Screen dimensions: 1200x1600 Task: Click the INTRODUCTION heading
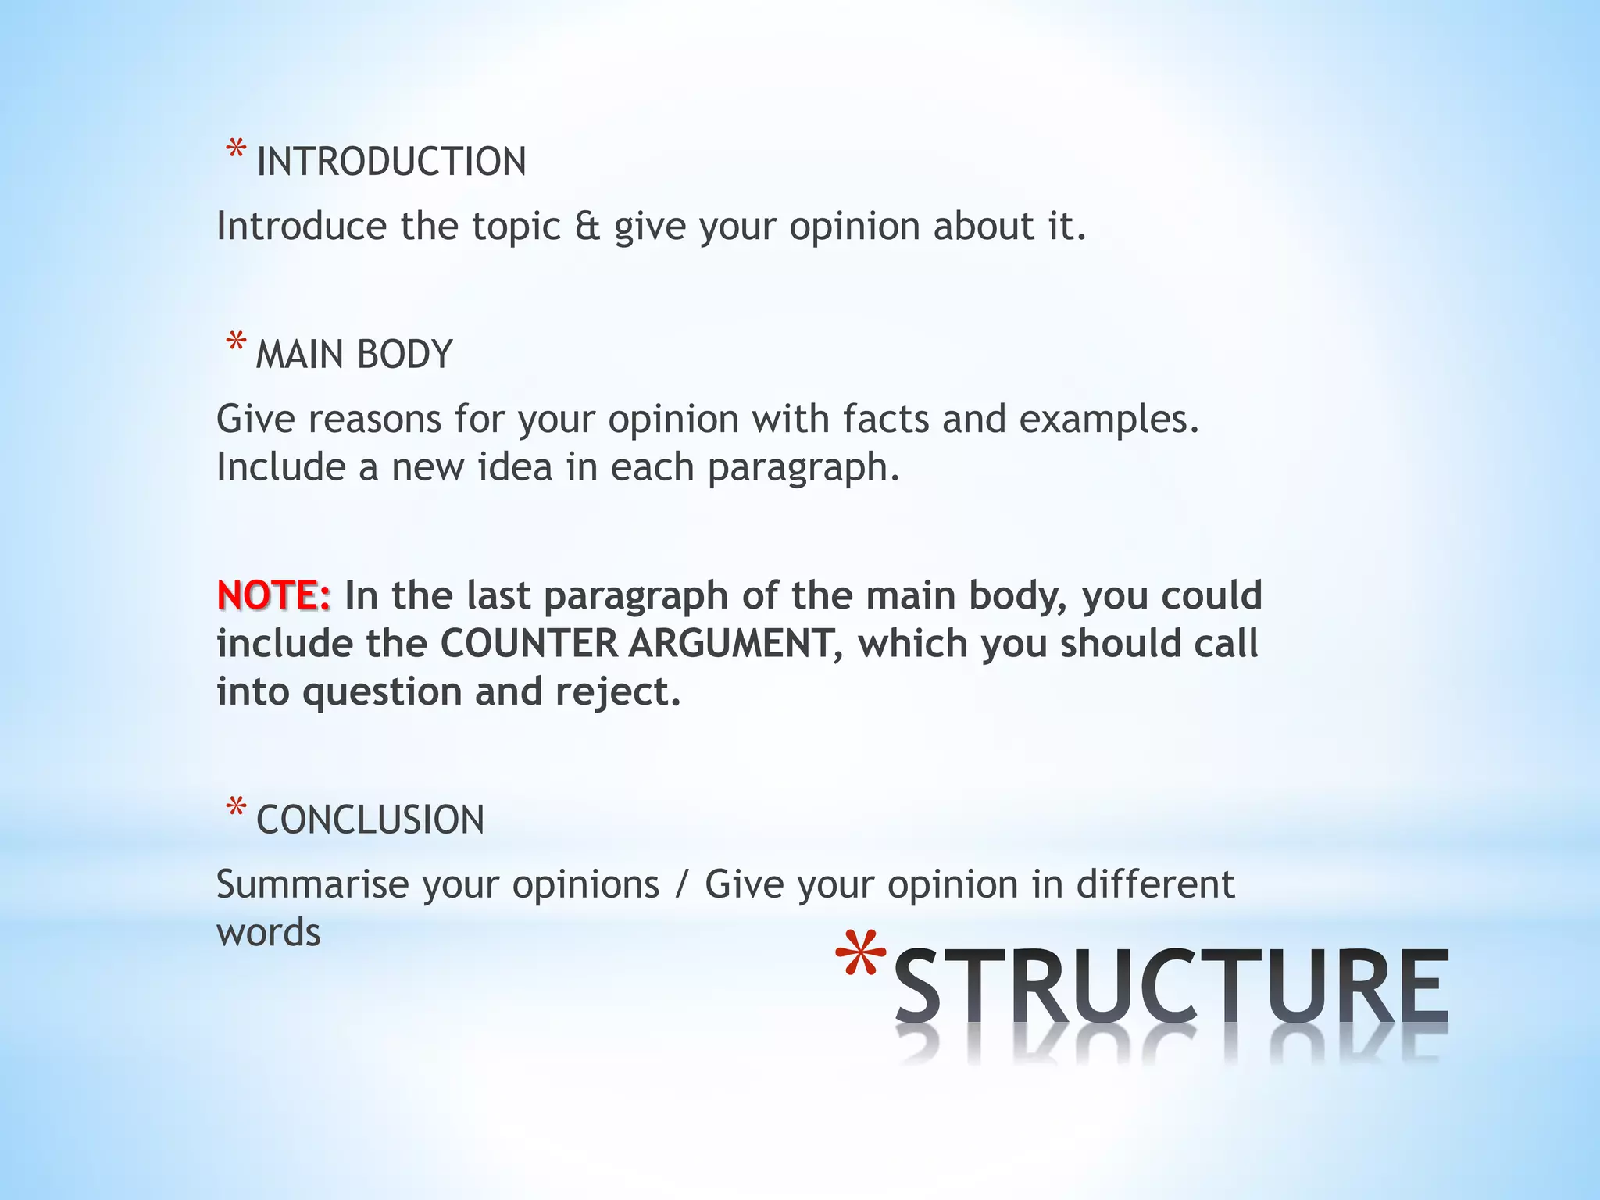pyautogui.click(x=391, y=162)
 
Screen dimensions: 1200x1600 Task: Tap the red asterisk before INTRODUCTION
pyautogui.click(x=236, y=151)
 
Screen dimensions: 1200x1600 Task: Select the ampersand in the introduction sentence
pyautogui.click(x=587, y=226)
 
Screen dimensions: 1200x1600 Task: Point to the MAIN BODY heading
pyautogui.click(x=354, y=355)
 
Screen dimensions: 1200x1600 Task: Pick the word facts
pyautogui.click(x=886, y=419)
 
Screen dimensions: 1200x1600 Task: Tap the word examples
pyautogui.click(x=1109, y=420)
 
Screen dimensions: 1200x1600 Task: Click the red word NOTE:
pyautogui.click(x=273, y=595)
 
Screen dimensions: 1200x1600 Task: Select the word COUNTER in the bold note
pyautogui.click(x=529, y=644)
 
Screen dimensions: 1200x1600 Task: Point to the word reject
pyautogui.click(x=618, y=692)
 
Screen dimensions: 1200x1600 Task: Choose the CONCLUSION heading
pyautogui.click(x=370, y=820)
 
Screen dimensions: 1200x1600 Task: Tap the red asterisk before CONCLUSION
pyautogui.click(x=236, y=809)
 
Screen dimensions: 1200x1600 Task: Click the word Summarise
pyautogui.click(x=312, y=884)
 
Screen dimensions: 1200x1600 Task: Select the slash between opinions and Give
pyautogui.click(x=683, y=885)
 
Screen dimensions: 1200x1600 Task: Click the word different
pyautogui.click(x=1155, y=884)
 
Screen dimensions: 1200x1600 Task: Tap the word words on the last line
pyautogui.click(x=269, y=933)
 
